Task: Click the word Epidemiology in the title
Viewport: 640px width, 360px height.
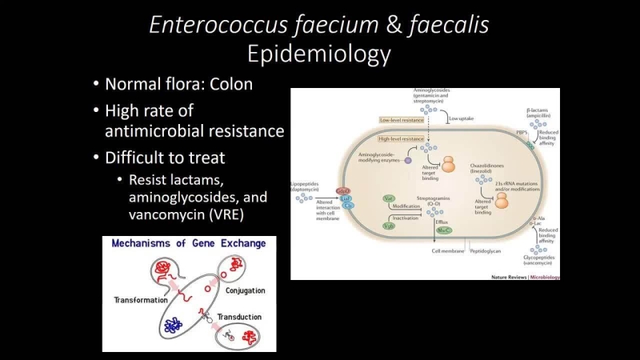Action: [x=319, y=54]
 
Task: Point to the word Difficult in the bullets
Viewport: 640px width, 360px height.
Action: [x=142, y=158]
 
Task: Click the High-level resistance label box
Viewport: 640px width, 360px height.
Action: [x=402, y=138]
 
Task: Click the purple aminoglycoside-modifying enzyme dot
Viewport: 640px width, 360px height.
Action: [x=407, y=161]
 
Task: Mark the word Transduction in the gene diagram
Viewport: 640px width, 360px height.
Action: [x=239, y=317]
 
